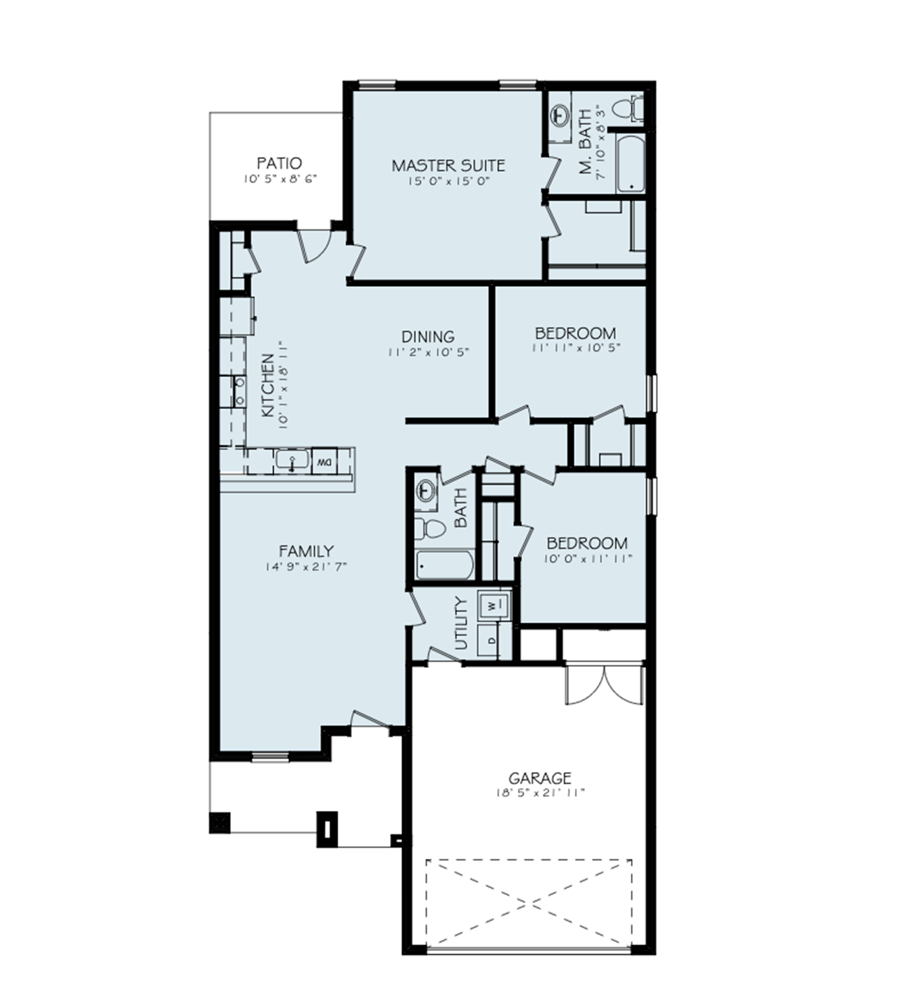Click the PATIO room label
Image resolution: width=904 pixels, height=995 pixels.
point(280,163)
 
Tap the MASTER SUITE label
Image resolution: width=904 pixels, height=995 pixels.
point(448,166)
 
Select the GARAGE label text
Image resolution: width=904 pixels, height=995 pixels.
point(540,778)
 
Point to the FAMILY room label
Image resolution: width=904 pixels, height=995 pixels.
point(306,551)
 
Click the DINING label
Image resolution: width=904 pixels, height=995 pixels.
point(428,336)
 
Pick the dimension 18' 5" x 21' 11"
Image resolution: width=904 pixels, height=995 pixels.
point(540,793)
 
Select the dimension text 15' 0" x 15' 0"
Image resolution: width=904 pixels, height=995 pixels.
point(448,180)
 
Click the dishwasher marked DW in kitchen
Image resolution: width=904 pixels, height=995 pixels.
point(324,461)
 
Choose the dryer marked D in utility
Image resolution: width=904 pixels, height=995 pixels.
point(491,640)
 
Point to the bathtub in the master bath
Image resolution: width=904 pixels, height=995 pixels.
point(631,163)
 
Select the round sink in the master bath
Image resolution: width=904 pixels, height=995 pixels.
point(560,114)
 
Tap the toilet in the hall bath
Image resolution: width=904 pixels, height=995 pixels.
point(430,528)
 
